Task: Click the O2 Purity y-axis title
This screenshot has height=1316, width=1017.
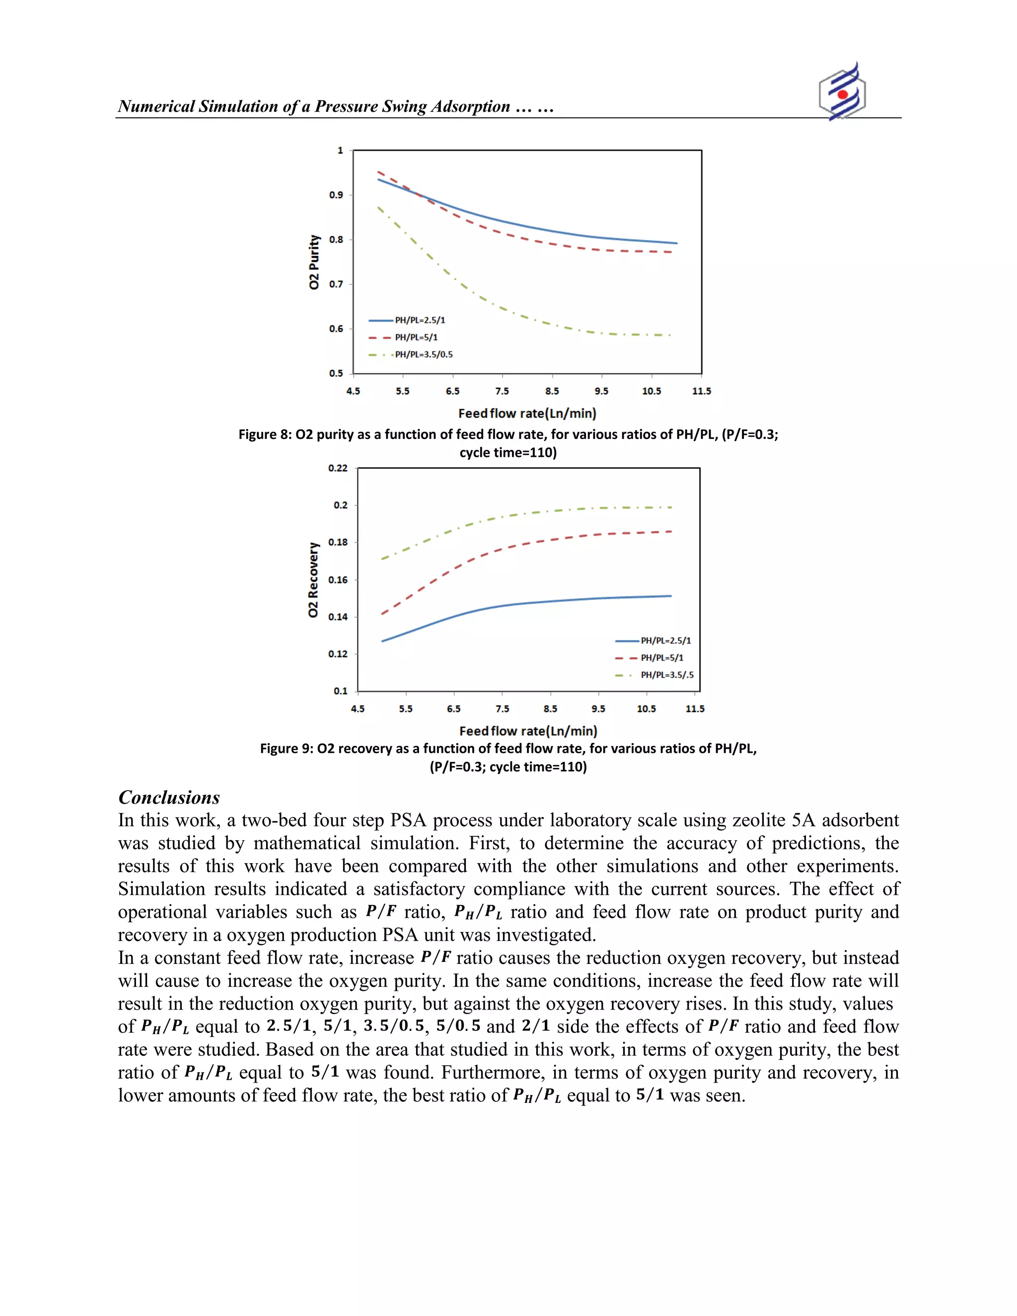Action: (314, 262)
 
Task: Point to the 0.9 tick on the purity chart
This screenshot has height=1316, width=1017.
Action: (336, 195)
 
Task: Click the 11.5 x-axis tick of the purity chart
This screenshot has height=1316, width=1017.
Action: (701, 391)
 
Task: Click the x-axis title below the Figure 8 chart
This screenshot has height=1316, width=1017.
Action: (527, 413)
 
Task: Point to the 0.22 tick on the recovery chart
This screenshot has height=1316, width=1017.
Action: (338, 468)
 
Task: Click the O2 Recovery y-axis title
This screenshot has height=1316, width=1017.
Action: (313, 580)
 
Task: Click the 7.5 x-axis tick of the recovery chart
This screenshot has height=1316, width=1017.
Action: (503, 709)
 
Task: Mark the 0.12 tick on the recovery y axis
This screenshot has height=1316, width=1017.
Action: (338, 654)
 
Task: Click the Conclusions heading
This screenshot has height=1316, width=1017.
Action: (169, 797)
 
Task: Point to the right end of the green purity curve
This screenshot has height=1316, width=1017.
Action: (670, 335)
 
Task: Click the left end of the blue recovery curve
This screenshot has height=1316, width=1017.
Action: (382, 641)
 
